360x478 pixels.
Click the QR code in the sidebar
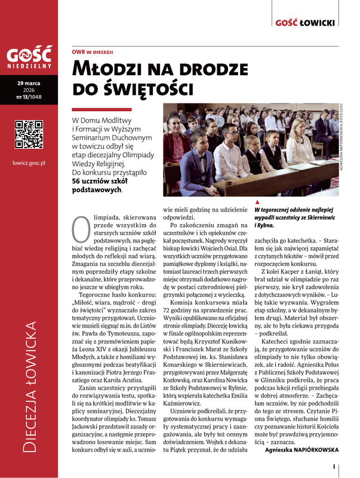coord(29,134)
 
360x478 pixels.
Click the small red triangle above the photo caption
coord(257,203)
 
